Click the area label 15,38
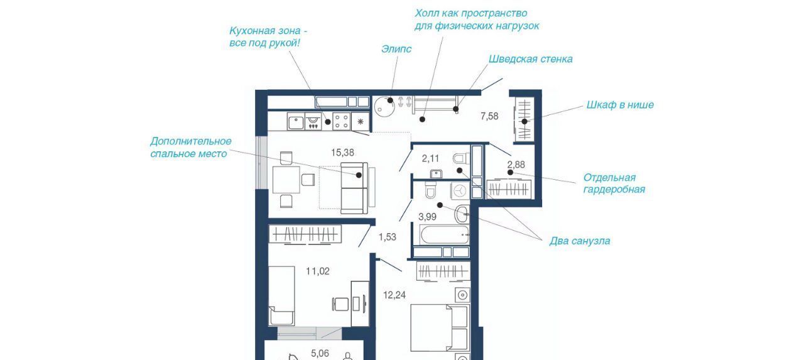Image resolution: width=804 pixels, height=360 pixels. coord(342,153)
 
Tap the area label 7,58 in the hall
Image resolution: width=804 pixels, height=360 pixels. coord(489,116)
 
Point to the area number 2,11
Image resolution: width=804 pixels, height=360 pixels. coord(430,158)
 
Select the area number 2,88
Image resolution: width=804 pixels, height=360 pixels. coord(516,165)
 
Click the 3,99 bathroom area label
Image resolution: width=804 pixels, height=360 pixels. coord(427,217)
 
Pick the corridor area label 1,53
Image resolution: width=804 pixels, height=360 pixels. coord(388,237)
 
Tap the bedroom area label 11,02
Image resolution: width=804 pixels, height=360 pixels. coord(318,271)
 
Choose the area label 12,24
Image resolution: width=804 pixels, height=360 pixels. coord(394,295)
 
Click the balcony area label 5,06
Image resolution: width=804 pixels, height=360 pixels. coord(320,353)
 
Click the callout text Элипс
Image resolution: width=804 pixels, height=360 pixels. coord(396,49)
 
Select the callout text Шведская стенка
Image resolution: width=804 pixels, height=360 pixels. coord(531,59)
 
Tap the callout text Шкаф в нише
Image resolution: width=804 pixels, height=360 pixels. coord(620,105)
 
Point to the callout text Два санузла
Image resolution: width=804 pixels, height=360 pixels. coord(580,241)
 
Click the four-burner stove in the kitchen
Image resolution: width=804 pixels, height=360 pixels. coord(341,121)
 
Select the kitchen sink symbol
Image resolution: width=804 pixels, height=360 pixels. coord(296,122)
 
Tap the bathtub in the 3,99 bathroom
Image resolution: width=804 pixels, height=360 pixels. coord(444,235)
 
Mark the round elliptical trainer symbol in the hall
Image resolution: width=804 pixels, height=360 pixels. coord(384,107)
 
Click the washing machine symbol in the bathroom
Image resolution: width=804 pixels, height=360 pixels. coord(460,190)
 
